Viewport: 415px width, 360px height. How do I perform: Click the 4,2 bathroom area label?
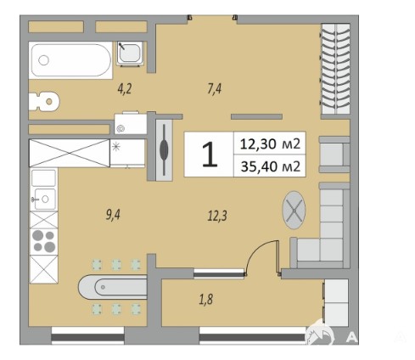125,89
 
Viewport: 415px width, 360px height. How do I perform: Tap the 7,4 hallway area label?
215,89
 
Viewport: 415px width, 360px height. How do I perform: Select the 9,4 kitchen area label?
113,215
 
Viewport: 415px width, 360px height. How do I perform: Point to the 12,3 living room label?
217,217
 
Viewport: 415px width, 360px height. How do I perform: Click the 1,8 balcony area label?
206,299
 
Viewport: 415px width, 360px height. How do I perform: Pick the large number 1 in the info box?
210,155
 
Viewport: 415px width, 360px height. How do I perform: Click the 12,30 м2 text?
270,143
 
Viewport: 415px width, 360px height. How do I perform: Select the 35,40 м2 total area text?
270,166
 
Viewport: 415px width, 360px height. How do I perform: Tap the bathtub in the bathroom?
70,60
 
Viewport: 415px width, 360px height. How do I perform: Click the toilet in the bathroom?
44,101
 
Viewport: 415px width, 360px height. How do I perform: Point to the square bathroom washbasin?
130,53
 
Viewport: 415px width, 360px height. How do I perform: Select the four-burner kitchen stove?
44,242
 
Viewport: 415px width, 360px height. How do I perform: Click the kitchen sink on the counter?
44,199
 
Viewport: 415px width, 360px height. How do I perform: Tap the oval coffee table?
294,210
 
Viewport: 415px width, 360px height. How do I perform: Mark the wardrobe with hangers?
336,69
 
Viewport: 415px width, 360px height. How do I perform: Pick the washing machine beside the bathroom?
131,123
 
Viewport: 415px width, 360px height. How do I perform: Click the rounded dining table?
113,287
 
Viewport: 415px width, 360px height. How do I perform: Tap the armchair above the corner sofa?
334,155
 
